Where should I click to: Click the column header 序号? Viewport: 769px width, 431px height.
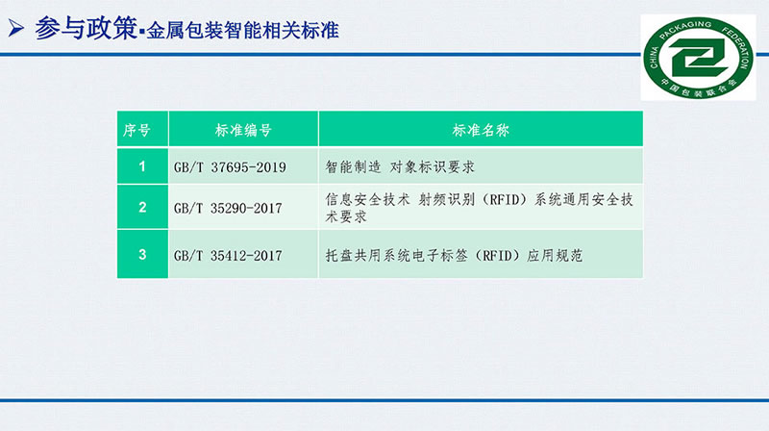[x=136, y=130]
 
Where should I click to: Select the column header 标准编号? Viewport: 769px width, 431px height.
[x=243, y=130]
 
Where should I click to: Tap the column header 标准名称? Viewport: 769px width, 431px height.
[x=481, y=130]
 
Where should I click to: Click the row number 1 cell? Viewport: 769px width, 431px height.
[x=142, y=166]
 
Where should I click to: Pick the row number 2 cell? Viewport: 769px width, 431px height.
[x=142, y=207]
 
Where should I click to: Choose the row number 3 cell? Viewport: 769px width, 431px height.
[x=142, y=254]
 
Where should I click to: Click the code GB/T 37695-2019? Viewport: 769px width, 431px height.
[x=230, y=167]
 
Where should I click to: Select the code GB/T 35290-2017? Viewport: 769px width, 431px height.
[x=228, y=208]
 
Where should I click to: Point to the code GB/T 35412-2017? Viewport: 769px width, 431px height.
[x=228, y=255]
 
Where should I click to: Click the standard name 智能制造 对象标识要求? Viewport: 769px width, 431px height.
[x=400, y=166]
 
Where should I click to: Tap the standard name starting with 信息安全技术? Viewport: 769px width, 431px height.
[x=479, y=208]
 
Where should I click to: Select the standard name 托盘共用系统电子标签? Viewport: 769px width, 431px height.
[x=454, y=255]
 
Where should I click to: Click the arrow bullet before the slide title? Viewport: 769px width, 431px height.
[x=15, y=28]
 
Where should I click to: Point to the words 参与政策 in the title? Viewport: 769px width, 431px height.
[x=86, y=29]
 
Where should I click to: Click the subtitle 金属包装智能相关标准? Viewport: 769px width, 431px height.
[x=243, y=31]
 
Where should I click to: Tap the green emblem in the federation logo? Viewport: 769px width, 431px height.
[x=699, y=58]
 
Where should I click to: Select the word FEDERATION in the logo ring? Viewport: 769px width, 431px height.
[x=739, y=46]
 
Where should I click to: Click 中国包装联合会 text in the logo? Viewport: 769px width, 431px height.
[x=699, y=89]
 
